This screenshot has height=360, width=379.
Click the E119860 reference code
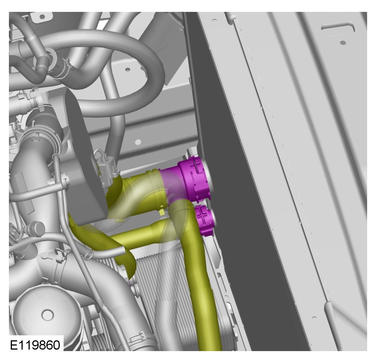35,345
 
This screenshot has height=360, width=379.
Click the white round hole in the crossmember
138,142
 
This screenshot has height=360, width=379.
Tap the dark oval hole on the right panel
343,43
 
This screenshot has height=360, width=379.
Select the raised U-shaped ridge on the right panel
339,28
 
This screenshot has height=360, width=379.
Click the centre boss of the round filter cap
48,315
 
